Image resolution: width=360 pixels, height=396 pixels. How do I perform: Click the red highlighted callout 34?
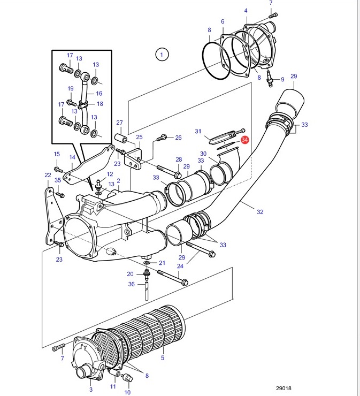click(244, 140)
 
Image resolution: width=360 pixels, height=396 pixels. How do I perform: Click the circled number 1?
click(162, 54)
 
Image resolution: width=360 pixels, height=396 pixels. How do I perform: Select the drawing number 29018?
click(284, 388)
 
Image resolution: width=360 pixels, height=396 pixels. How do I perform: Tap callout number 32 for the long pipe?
click(260, 211)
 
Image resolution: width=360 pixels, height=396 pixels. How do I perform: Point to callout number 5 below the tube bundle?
click(163, 357)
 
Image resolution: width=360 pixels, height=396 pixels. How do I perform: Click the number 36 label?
click(131, 284)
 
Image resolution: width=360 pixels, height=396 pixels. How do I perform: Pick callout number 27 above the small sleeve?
click(119, 123)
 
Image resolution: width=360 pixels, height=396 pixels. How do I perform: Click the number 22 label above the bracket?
click(48, 175)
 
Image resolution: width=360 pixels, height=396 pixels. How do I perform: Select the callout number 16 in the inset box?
click(99, 94)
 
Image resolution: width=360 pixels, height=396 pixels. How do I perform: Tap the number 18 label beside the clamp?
click(100, 104)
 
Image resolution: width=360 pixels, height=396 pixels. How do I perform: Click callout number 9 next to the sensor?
click(282, 79)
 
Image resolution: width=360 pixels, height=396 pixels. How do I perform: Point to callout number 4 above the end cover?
click(246, 11)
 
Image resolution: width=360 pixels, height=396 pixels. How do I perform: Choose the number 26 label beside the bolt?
click(178, 138)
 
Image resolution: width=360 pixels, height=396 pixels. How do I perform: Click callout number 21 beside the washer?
click(162, 263)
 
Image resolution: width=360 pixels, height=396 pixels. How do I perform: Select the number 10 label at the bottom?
click(127, 392)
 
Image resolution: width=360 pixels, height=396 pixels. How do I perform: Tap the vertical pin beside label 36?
click(147, 291)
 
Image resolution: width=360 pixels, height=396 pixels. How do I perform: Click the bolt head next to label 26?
click(160, 139)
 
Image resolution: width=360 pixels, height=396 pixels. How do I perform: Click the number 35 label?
click(58, 180)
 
